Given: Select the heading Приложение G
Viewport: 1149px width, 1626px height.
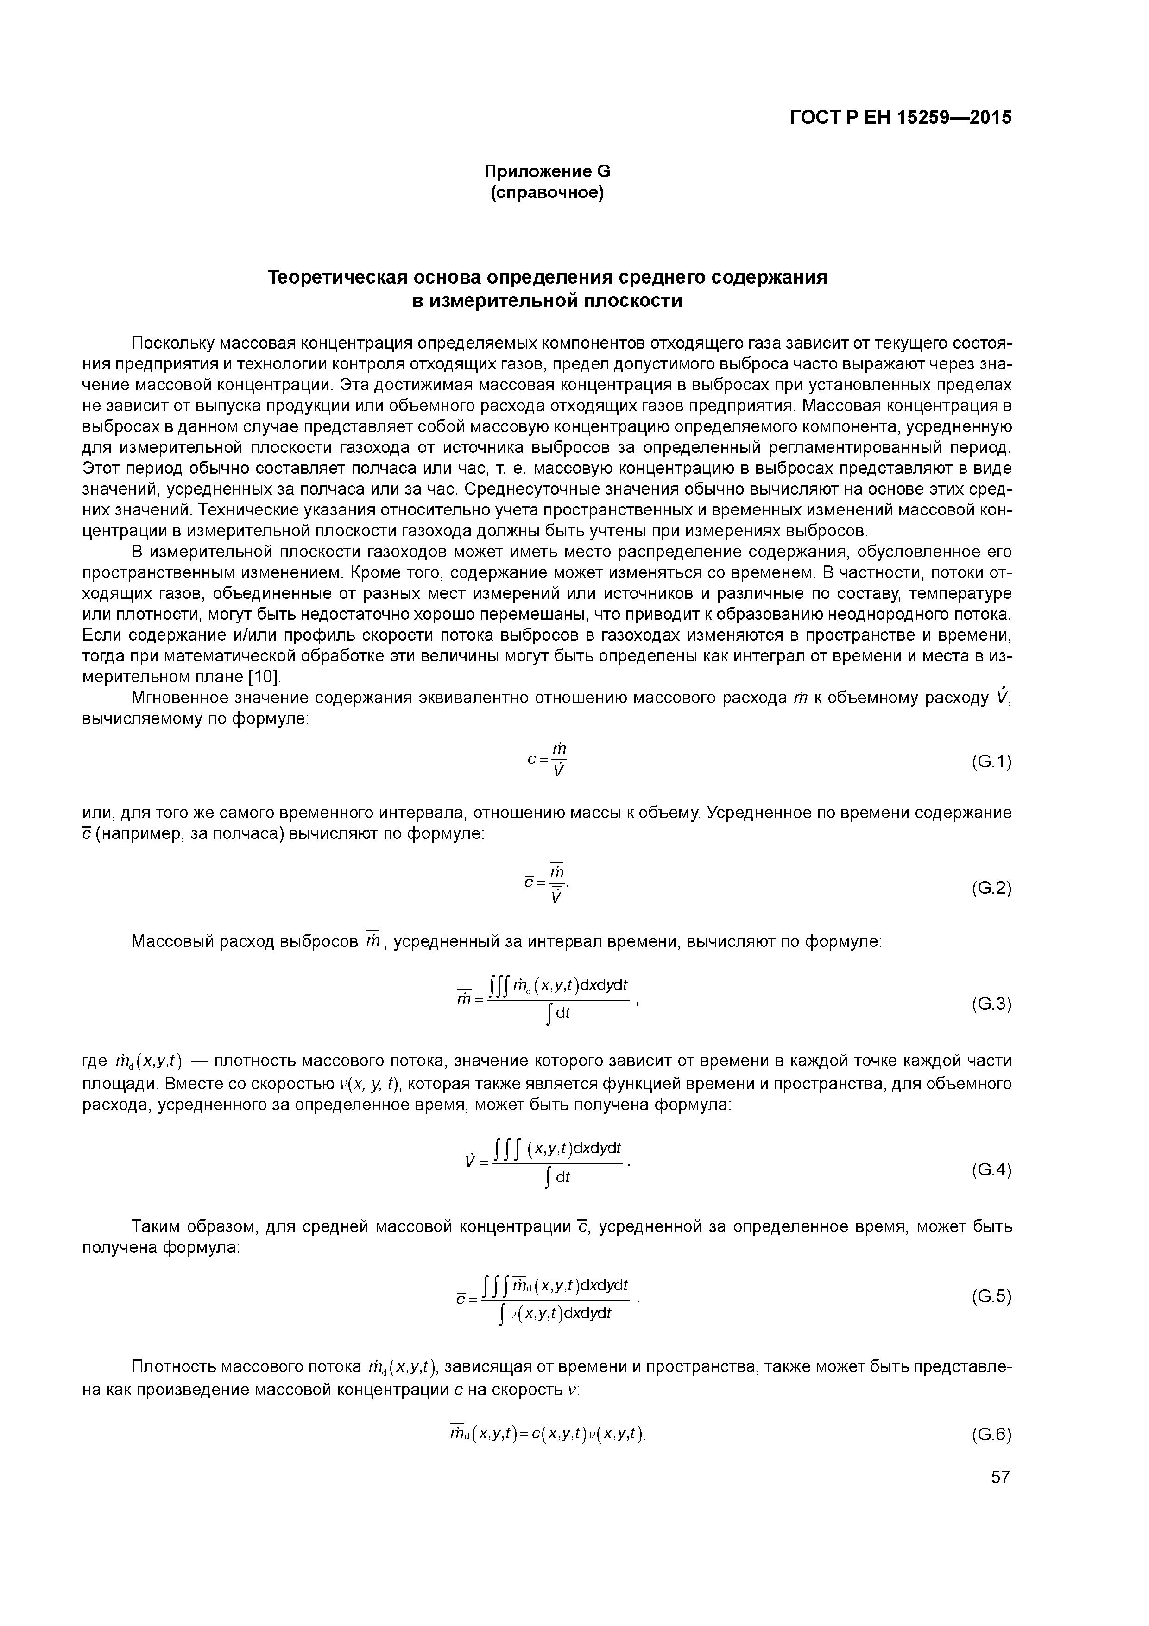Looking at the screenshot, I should point(547,171).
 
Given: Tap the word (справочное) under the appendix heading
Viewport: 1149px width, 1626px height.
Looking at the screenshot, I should point(547,193).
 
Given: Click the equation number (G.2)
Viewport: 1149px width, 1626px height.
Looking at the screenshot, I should point(991,888).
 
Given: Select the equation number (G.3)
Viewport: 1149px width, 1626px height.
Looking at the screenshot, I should point(991,1004).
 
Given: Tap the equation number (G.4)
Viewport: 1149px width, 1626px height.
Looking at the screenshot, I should point(991,1169).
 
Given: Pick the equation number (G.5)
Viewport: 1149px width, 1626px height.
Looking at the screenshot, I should point(991,1296).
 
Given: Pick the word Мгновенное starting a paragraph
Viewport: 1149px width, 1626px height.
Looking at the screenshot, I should point(176,698).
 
